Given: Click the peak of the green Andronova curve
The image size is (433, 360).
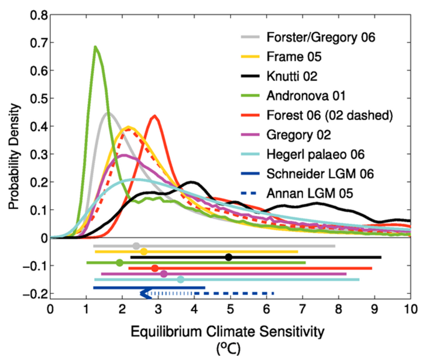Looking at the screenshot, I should [x=95, y=47].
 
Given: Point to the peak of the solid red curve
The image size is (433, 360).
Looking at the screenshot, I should [x=154, y=116].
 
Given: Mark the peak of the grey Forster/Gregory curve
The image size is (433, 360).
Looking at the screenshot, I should [x=106, y=113].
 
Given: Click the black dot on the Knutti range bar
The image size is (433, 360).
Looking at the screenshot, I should [x=229, y=257].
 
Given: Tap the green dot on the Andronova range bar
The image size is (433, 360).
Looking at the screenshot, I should [x=119, y=263].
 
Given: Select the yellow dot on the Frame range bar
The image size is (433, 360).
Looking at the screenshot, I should [x=144, y=251].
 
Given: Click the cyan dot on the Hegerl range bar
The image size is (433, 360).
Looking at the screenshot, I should [x=180, y=280].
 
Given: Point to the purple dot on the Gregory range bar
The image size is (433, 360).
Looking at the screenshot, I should [x=164, y=274].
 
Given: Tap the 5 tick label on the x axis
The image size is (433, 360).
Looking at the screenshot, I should [x=231, y=309].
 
